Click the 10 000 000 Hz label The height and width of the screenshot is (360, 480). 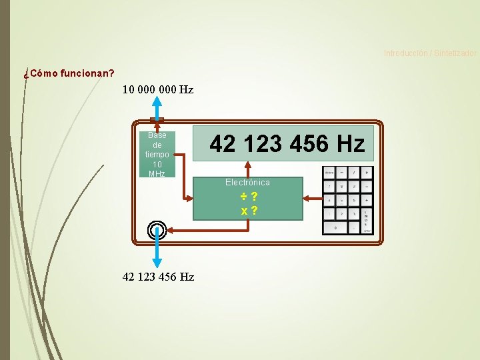tap(158, 89)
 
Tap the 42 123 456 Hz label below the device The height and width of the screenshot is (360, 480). tap(159, 277)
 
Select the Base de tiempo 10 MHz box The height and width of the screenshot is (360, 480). tap(157, 154)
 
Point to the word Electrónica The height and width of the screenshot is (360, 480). tap(247, 182)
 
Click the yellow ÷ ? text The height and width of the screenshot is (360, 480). tap(249, 197)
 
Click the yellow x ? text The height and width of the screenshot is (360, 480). tap(249, 211)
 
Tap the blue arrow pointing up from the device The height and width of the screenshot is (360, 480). tap(156, 107)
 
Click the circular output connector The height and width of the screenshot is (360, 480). tap(156, 230)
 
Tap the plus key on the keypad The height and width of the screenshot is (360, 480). tap(367, 199)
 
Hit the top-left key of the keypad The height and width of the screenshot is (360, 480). tap(329, 172)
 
